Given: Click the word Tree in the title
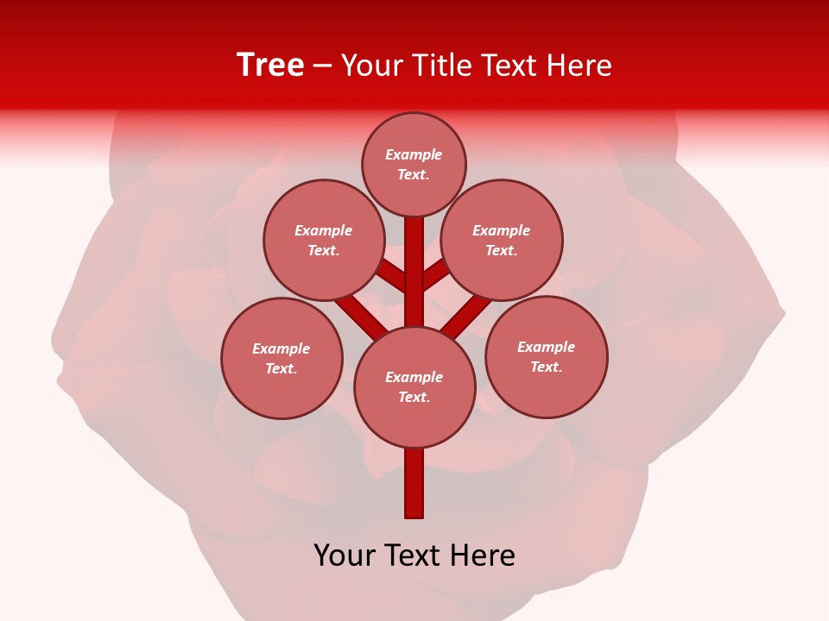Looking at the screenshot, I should pyautogui.click(x=270, y=66).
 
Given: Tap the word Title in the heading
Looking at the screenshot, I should pyautogui.click(x=440, y=66).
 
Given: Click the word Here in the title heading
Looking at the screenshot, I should pyautogui.click(x=579, y=66).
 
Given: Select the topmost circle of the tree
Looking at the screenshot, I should pyautogui.click(x=414, y=165).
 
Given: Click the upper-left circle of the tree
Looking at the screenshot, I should pyautogui.click(x=324, y=241).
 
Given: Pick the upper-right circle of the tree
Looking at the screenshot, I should pyautogui.click(x=502, y=241).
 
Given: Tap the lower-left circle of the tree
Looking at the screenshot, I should pyautogui.click(x=282, y=359).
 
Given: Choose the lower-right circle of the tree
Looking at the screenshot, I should pyautogui.click(x=546, y=357).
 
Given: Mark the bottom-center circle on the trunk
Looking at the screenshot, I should pyautogui.click(x=414, y=387).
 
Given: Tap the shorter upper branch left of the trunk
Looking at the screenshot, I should pyautogui.click(x=393, y=275).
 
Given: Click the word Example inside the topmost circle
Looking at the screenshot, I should pyautogui.click(x=414, y=155).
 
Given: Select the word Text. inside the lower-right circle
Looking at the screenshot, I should pyautogui.click(x=546, y=367).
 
